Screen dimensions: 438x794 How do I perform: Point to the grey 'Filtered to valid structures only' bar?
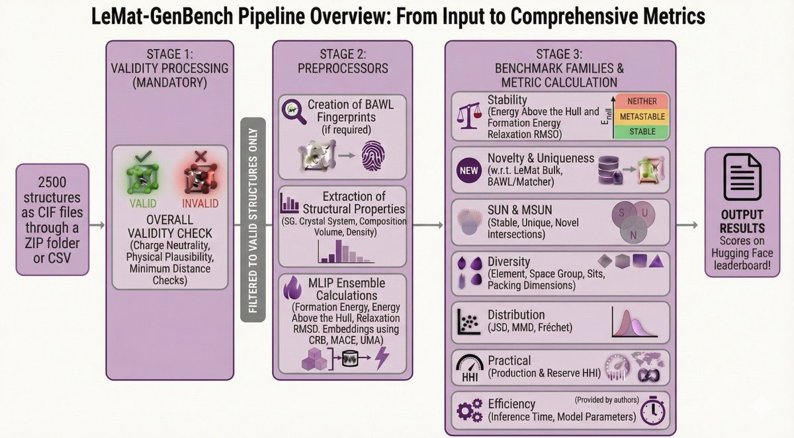point(253,220)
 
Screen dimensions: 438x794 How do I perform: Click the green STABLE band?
point(642,132)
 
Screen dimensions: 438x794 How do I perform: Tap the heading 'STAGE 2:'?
point(342,54)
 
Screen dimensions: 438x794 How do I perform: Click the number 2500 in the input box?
point(53,181)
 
